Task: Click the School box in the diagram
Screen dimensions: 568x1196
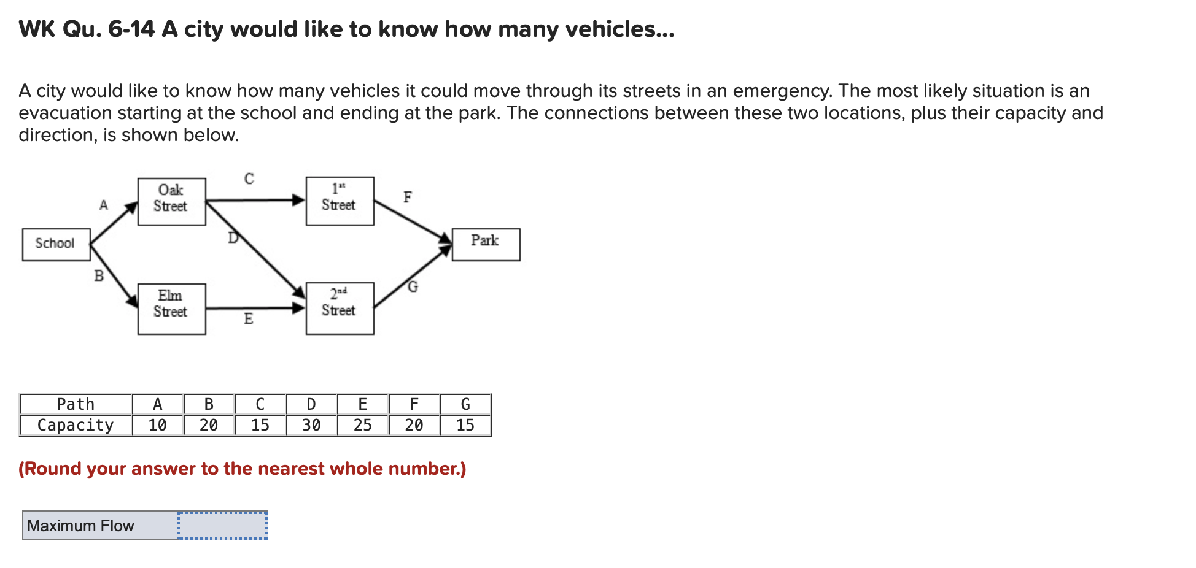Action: (56, 244)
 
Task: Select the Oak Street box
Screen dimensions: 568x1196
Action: (171, 201)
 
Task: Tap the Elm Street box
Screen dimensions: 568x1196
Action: (171, 309)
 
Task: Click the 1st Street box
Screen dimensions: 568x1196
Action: (340, 201)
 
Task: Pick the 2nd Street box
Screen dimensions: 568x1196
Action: (340, 308)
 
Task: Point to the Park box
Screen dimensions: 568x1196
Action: (486, 244)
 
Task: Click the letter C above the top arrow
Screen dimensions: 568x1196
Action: (249, 178)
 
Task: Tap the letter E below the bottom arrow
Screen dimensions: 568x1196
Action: (248, 318)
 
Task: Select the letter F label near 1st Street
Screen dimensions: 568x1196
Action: (407, 197)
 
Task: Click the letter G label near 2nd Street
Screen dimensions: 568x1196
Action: (413, 286)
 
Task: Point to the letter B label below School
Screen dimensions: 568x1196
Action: (98, 276)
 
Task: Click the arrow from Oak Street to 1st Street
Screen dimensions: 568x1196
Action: (255, 200)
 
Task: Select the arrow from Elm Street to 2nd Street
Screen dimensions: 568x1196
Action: (255, 308)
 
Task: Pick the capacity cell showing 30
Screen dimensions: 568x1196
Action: (311, 425)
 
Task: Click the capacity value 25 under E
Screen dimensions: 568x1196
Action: (362, 425)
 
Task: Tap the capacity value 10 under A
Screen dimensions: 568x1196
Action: (157, 425)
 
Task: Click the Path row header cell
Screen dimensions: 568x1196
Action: (76, 404)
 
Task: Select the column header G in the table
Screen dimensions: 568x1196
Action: (465, 404)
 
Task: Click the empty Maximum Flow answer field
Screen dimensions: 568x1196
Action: (222, 526)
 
